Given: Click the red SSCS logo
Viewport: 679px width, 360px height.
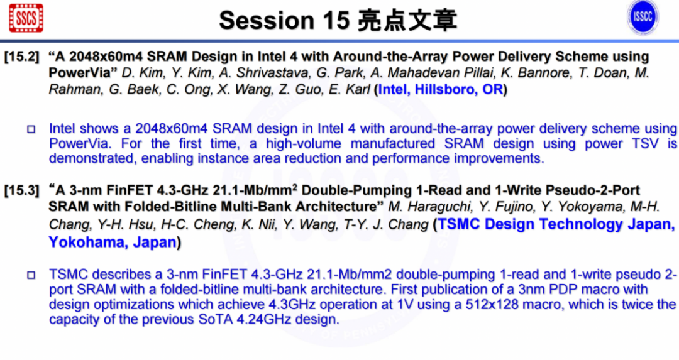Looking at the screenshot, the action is (26, 18).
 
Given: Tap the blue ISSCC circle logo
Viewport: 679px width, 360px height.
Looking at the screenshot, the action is (643, 18).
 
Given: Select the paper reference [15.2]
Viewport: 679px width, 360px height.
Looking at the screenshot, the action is (21, 57).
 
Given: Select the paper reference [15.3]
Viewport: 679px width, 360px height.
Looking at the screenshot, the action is (21, 190).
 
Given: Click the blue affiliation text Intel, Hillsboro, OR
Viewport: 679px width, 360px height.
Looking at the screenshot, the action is (440, 90).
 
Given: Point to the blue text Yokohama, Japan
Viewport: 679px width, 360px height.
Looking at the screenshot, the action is (112, 242).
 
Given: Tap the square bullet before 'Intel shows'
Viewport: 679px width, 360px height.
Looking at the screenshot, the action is (31, 129).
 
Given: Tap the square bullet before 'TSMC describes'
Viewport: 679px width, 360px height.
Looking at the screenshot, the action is (31, 275).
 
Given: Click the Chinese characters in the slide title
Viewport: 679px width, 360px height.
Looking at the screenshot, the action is (407, 20).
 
